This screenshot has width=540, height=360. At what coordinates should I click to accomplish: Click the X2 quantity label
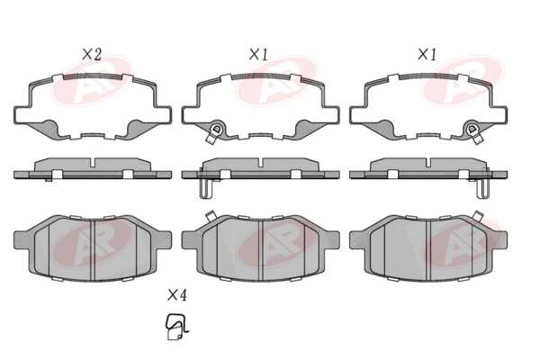pos(92,54)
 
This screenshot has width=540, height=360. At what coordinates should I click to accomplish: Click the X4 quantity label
pos(177,295)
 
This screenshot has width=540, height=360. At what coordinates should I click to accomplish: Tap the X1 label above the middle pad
pos(258,54)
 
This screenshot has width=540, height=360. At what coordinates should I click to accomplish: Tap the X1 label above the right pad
pos(427,54)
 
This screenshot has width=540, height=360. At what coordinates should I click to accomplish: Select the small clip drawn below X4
pos(177,327)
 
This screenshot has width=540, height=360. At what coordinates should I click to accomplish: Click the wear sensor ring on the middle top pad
pos(217,130)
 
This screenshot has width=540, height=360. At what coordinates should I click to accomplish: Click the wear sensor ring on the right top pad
pos(472,130)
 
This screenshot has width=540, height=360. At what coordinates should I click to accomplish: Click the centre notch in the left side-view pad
pos(93,163)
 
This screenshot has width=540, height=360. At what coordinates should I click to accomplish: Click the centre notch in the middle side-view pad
pos(261,163)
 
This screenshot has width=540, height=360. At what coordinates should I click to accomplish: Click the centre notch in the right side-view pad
pos(428,163)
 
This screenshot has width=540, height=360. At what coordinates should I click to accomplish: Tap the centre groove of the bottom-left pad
pos(93,250)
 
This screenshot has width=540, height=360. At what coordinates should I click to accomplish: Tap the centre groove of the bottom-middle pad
pos(261,250)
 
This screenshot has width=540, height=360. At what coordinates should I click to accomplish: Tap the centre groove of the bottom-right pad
pos(428,250)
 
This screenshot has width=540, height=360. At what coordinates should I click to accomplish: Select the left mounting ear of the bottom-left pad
pos(22,239)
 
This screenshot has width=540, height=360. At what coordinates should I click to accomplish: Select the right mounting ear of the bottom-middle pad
pos(331,239)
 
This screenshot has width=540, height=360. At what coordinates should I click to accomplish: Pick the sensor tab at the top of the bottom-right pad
pos(478,215)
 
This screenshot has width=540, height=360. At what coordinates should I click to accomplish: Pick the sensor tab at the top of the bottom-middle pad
pos(210,216)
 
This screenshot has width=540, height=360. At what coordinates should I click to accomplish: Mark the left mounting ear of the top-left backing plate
pos(22,115)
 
